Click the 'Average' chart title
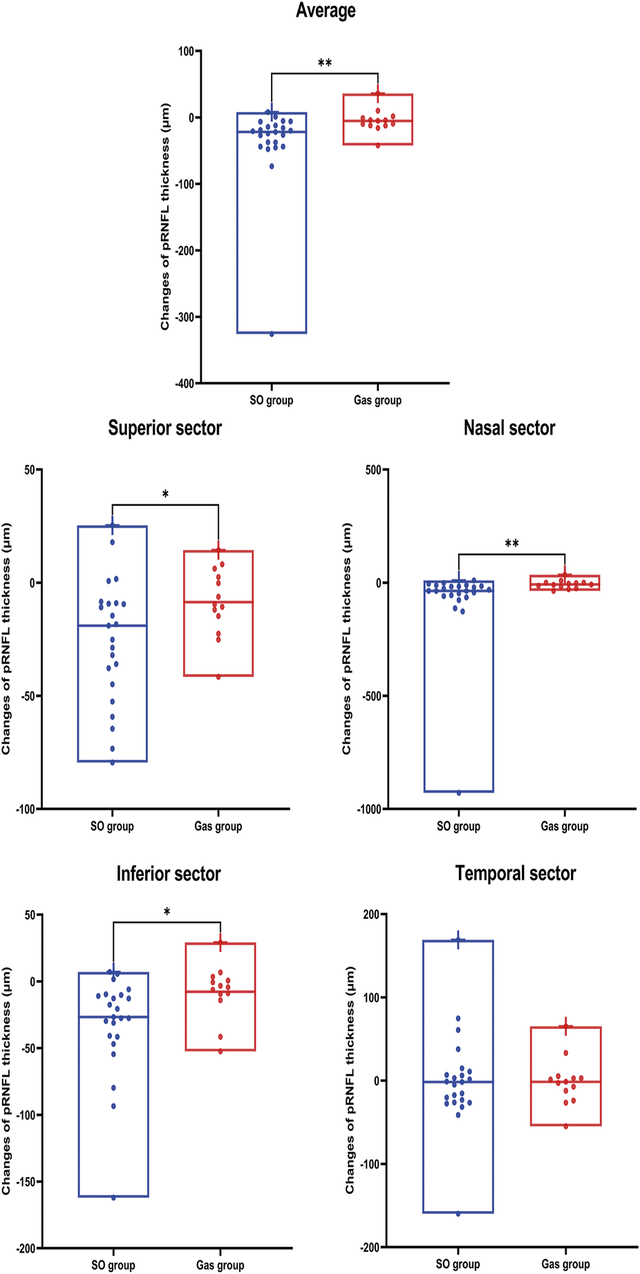326,11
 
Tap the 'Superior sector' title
164,428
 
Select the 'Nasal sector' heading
509,428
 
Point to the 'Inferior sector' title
169,874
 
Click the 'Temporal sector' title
516,874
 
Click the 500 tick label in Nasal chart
373,470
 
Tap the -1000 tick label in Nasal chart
370,809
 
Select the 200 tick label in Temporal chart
372,915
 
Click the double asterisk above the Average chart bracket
325,64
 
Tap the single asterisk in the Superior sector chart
165,495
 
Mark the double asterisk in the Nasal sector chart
511,544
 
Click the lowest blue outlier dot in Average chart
272,334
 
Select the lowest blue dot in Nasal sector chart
458,793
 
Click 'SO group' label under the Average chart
271,401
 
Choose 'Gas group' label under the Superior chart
218,826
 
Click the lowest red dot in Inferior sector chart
220,1052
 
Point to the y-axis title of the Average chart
165,217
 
